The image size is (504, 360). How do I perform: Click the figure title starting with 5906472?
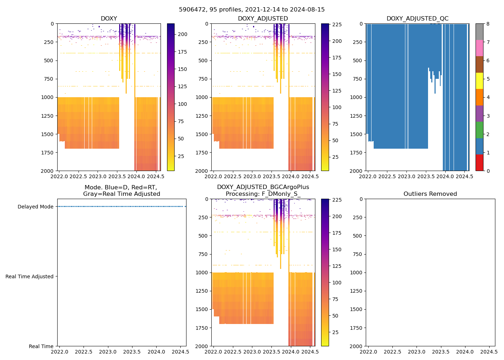[252, 10]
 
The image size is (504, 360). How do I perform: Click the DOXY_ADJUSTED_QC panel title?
[417, 19]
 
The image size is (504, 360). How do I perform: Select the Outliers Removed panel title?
[430, 194]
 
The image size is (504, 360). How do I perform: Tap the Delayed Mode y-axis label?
[35, 207]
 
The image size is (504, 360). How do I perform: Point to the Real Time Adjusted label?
[30, 276]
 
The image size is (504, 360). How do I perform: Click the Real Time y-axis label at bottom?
[41, 346]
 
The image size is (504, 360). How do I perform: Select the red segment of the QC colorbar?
[479, 163]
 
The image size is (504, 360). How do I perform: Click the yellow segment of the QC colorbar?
[479, 81]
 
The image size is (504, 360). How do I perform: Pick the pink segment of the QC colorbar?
[479, 48]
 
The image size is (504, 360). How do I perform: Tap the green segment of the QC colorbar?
[479, 130]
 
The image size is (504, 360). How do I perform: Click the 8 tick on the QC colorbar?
[487, 24]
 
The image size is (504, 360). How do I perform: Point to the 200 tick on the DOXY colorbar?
[183, 34]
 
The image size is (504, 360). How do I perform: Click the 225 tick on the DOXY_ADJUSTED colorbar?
[337, 24]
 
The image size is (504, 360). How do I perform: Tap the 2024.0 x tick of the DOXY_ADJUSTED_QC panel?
[445, 176]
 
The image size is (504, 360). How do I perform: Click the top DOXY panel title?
[109, 19]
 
